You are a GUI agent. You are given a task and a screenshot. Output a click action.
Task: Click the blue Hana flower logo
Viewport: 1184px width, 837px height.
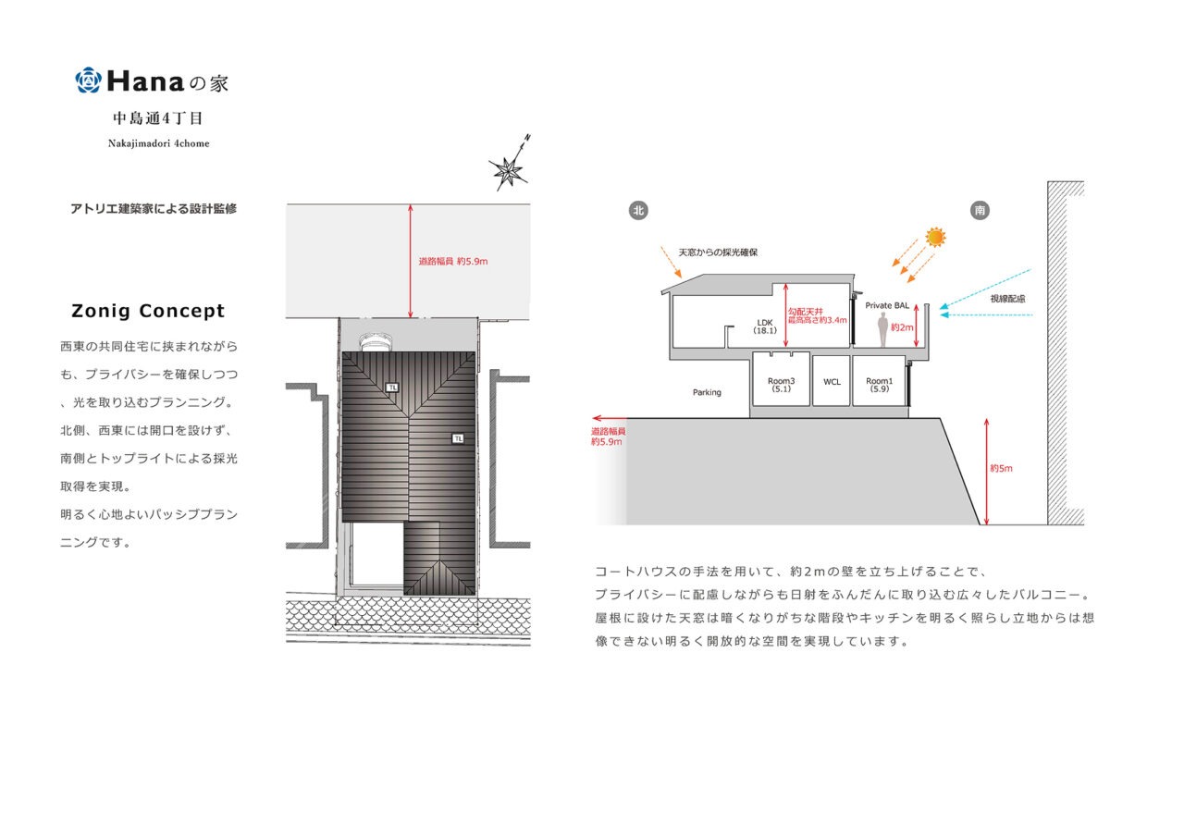(87, 80)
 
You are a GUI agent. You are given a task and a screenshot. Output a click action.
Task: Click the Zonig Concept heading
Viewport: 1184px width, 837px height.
(148, 311)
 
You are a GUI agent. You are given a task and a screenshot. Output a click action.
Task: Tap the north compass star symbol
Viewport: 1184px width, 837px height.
(507, 169)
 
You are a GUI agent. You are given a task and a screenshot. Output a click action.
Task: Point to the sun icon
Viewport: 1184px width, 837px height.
(936, 237)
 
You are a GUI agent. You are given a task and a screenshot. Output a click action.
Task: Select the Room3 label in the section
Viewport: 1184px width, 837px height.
(780, 385)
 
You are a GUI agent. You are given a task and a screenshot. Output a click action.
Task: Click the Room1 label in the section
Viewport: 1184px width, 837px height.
(879, 385)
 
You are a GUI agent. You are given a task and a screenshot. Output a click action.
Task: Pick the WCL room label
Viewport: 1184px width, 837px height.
(832, 381)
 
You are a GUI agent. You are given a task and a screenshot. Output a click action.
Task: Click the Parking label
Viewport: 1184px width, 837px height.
(707, 392)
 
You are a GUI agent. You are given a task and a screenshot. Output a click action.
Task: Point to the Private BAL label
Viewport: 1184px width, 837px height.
(887, 305)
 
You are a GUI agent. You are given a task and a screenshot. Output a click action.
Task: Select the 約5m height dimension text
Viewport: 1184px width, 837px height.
(1001, 468)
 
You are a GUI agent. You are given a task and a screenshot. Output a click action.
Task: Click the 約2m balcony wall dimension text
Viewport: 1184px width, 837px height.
(901, 327)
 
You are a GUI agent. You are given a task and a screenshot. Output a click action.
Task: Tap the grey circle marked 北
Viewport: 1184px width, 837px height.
(637, 210)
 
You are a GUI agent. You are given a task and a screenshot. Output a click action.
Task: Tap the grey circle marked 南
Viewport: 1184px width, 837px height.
(980, 210)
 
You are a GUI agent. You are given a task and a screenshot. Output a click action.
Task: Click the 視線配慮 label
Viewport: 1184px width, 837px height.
(1007, 299)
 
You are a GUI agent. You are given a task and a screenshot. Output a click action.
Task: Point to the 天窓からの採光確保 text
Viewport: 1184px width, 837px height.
(718, 252)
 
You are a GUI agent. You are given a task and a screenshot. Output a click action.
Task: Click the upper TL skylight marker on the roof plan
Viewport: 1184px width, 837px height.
(392, 388)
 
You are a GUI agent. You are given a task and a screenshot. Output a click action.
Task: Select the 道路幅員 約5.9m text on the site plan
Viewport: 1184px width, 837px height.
(453, 262)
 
